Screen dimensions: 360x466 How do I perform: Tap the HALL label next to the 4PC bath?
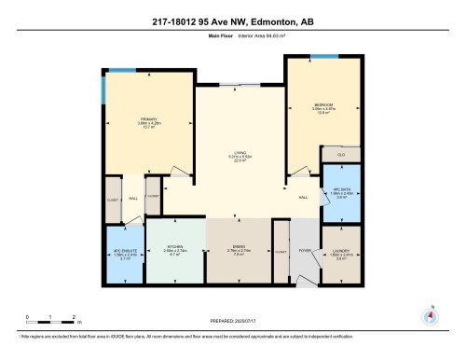(x=303, y=198)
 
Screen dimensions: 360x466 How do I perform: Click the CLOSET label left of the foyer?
(x=281, y=251)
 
